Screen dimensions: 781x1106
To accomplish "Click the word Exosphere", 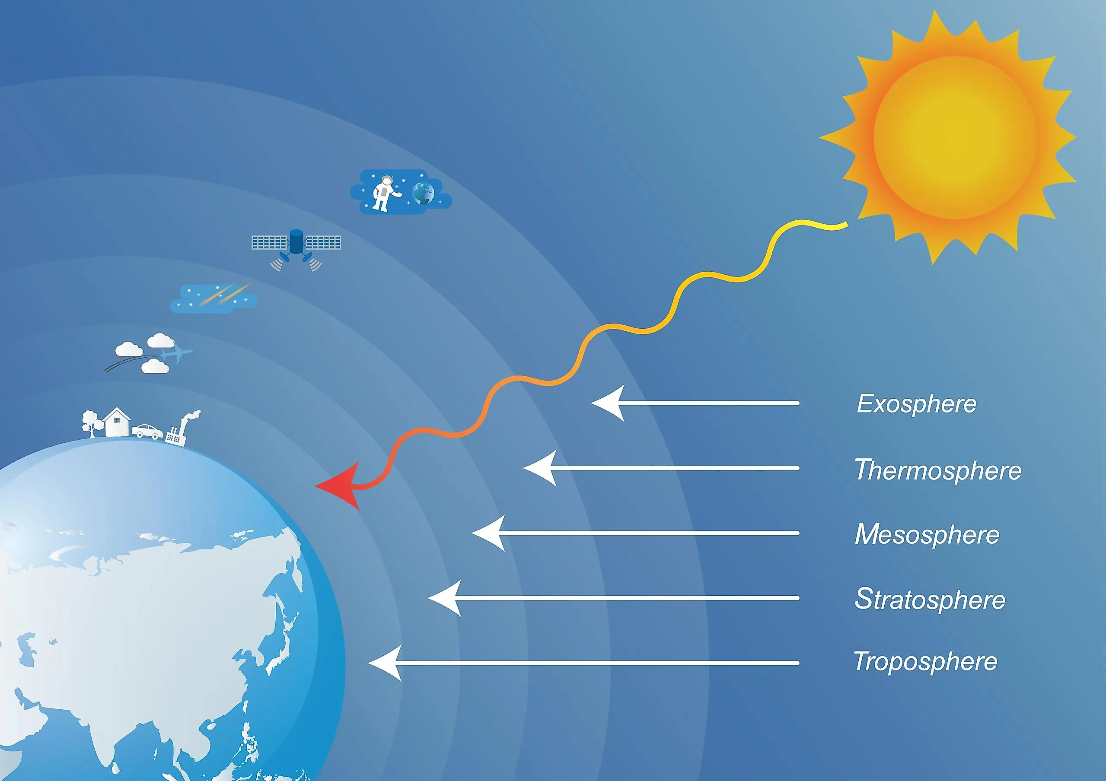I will [917, 404].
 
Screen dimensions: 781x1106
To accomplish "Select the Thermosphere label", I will [938, 470].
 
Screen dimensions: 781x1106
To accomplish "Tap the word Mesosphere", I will [927, 534].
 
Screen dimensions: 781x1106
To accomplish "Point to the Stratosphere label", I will [930, 600].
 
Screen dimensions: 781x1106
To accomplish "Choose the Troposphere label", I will [925, 662].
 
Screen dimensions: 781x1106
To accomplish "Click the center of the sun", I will [955, 137].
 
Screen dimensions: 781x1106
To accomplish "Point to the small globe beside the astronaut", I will [424, 193].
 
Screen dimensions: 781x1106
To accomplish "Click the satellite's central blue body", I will [296, 242].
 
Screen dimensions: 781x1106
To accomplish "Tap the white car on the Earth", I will [148, 431].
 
